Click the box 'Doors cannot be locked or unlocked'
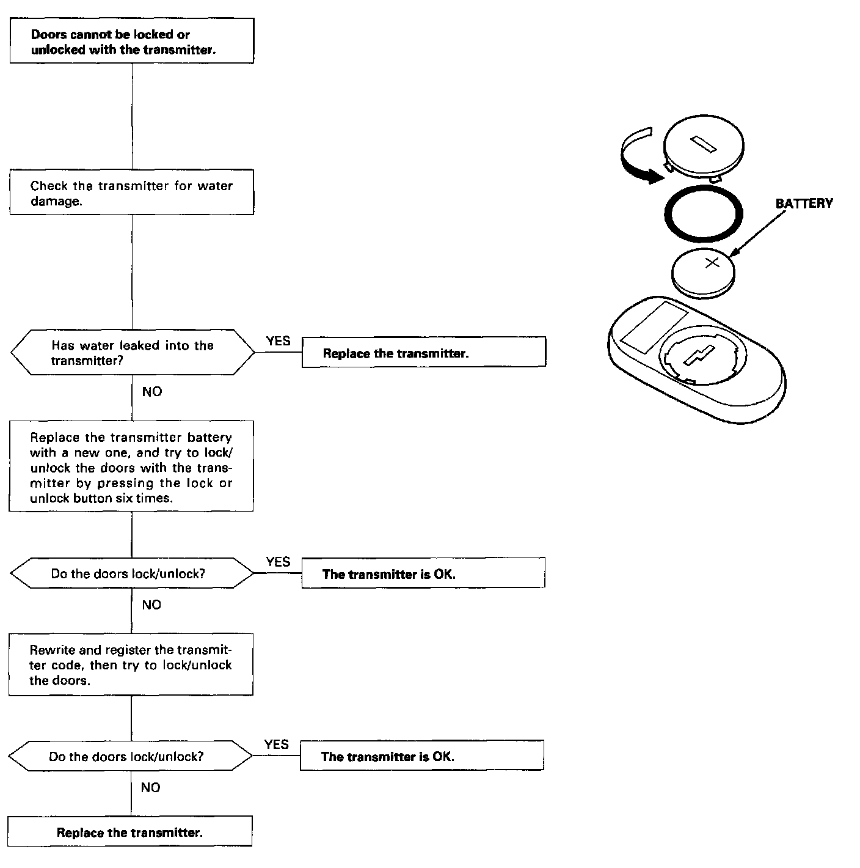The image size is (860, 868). (x=131, y=41)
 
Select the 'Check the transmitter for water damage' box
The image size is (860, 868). (x=131, y=193)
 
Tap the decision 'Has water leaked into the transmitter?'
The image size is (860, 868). (x=132, y=353)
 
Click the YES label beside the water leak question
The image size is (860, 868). (x=279, y=341)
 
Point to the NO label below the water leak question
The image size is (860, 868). (x=152, y=392)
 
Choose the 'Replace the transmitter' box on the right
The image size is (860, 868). (x=423, y=353)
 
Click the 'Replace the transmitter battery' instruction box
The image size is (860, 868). (x=131, y=466)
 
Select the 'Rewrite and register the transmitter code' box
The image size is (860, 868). (x=131, y=664)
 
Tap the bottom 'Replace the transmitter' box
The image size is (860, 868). (x=129, y=831)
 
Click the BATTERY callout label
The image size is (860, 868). (x=804, y=204)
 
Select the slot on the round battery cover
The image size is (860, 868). (x=704, y=144)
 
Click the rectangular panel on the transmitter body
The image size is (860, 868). (x=646, y=327)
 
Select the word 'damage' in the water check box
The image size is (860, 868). (x=56, y=201)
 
